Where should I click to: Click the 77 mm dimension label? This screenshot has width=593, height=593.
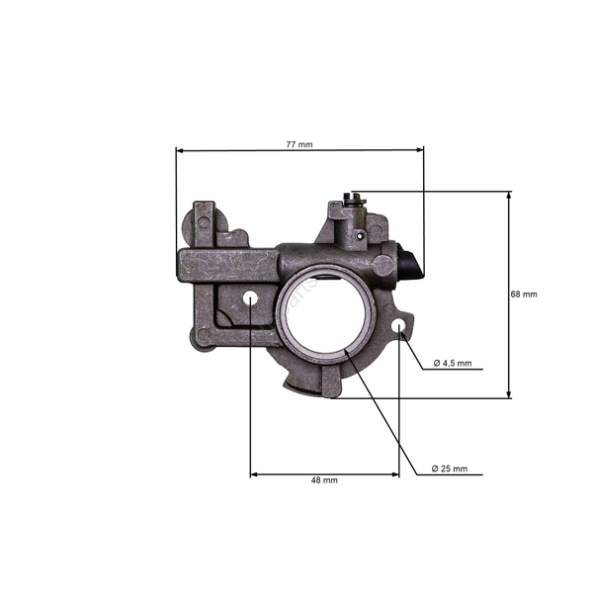tap(298, 144)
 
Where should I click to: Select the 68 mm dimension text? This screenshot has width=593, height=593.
tap(524, 294)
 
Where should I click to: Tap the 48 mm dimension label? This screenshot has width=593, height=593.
tap(324, 480)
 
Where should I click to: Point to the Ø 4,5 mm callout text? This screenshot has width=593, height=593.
tap(453, 363)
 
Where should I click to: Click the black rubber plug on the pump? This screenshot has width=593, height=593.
tap(411, 265)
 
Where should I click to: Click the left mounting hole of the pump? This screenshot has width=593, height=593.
tap(250, 297)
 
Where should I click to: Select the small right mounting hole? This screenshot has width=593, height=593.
tap(398, 325)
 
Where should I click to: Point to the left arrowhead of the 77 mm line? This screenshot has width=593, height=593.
tap(179, 150)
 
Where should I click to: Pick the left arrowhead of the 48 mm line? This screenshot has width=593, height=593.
tap(254, 474)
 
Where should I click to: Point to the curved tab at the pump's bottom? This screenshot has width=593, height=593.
tap(301, 383)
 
